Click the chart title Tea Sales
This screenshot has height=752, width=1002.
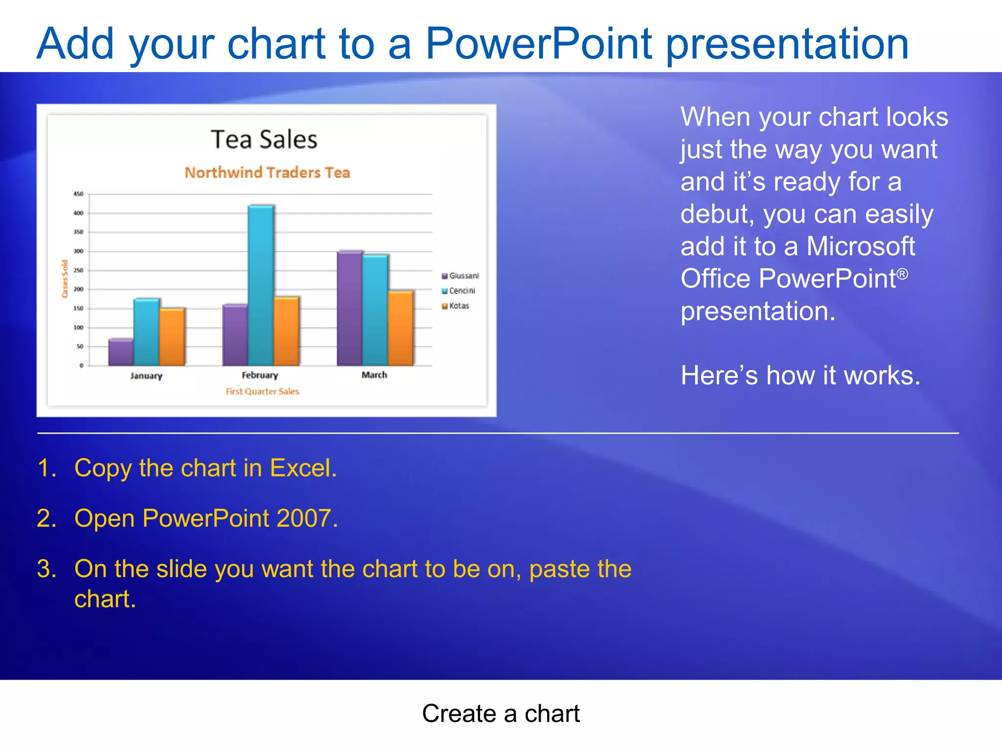(264, 140)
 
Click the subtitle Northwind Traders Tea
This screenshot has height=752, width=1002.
(267, 172)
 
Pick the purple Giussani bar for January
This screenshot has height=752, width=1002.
(120, 352)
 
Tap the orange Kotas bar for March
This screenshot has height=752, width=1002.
(401, 328)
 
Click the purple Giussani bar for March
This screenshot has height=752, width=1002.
(349, 308)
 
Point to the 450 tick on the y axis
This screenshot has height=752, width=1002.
(78, 194)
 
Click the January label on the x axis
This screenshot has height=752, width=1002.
(146, 376)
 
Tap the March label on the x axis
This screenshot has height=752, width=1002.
(374, 375)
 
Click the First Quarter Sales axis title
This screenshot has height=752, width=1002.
(262, 391)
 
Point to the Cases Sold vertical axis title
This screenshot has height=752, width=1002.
(65, 279)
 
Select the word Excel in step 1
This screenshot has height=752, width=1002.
(303, 468)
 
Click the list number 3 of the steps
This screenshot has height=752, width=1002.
(46, 569)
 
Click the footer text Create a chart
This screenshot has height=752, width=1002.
(501, 713)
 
